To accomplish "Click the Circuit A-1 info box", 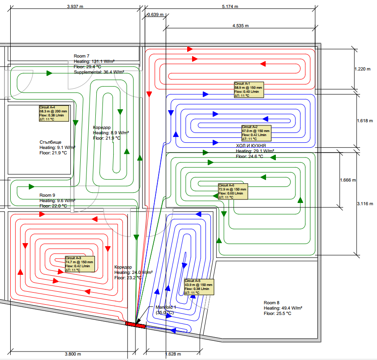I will pyautogui.click(x=249, y=90).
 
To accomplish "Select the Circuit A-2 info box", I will pyautogui.click(x=256, y=133).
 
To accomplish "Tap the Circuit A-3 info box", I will pyautogui.click(x=79, y=264).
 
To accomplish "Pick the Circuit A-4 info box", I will pyautogui.click(x=53, y=113).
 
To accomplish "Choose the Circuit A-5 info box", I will pyautogui.click(x=198, y=287).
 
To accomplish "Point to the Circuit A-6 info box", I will pyautogui.click(x=232, y=191).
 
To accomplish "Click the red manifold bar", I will pyautogui.click(x=135, y=325).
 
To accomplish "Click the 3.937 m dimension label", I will pyautogui.click(x=75, y=7).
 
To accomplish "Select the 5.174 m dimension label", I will pyautogui.click(x=230, y=7).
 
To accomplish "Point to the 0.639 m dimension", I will pyautogui.click(x=156, y=15).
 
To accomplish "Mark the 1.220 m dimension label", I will pyautogui.click(x=362, y=69).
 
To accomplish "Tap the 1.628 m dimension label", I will pyautogui.click(x=172, y=354).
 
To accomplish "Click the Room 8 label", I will pyautogui.click(x=271, y=302).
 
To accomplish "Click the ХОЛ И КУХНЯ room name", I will pyautogui.click(x=251, y=146).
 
